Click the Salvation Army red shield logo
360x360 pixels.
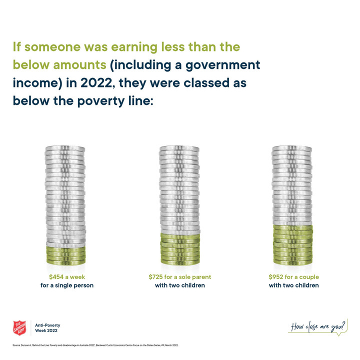point(19,328)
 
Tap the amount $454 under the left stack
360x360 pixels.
point(56,277)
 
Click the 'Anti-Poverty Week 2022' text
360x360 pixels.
point(48,328)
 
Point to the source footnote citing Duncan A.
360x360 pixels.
point(95,345)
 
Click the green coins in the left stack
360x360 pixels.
point(66,255)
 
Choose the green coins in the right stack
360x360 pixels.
point(292,245)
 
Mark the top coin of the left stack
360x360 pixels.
point(66,148)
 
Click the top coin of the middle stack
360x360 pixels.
point(180,148)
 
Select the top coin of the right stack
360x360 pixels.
point(292,148)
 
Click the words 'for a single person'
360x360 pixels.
point(67,285)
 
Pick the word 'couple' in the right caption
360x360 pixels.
point(307,277)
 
